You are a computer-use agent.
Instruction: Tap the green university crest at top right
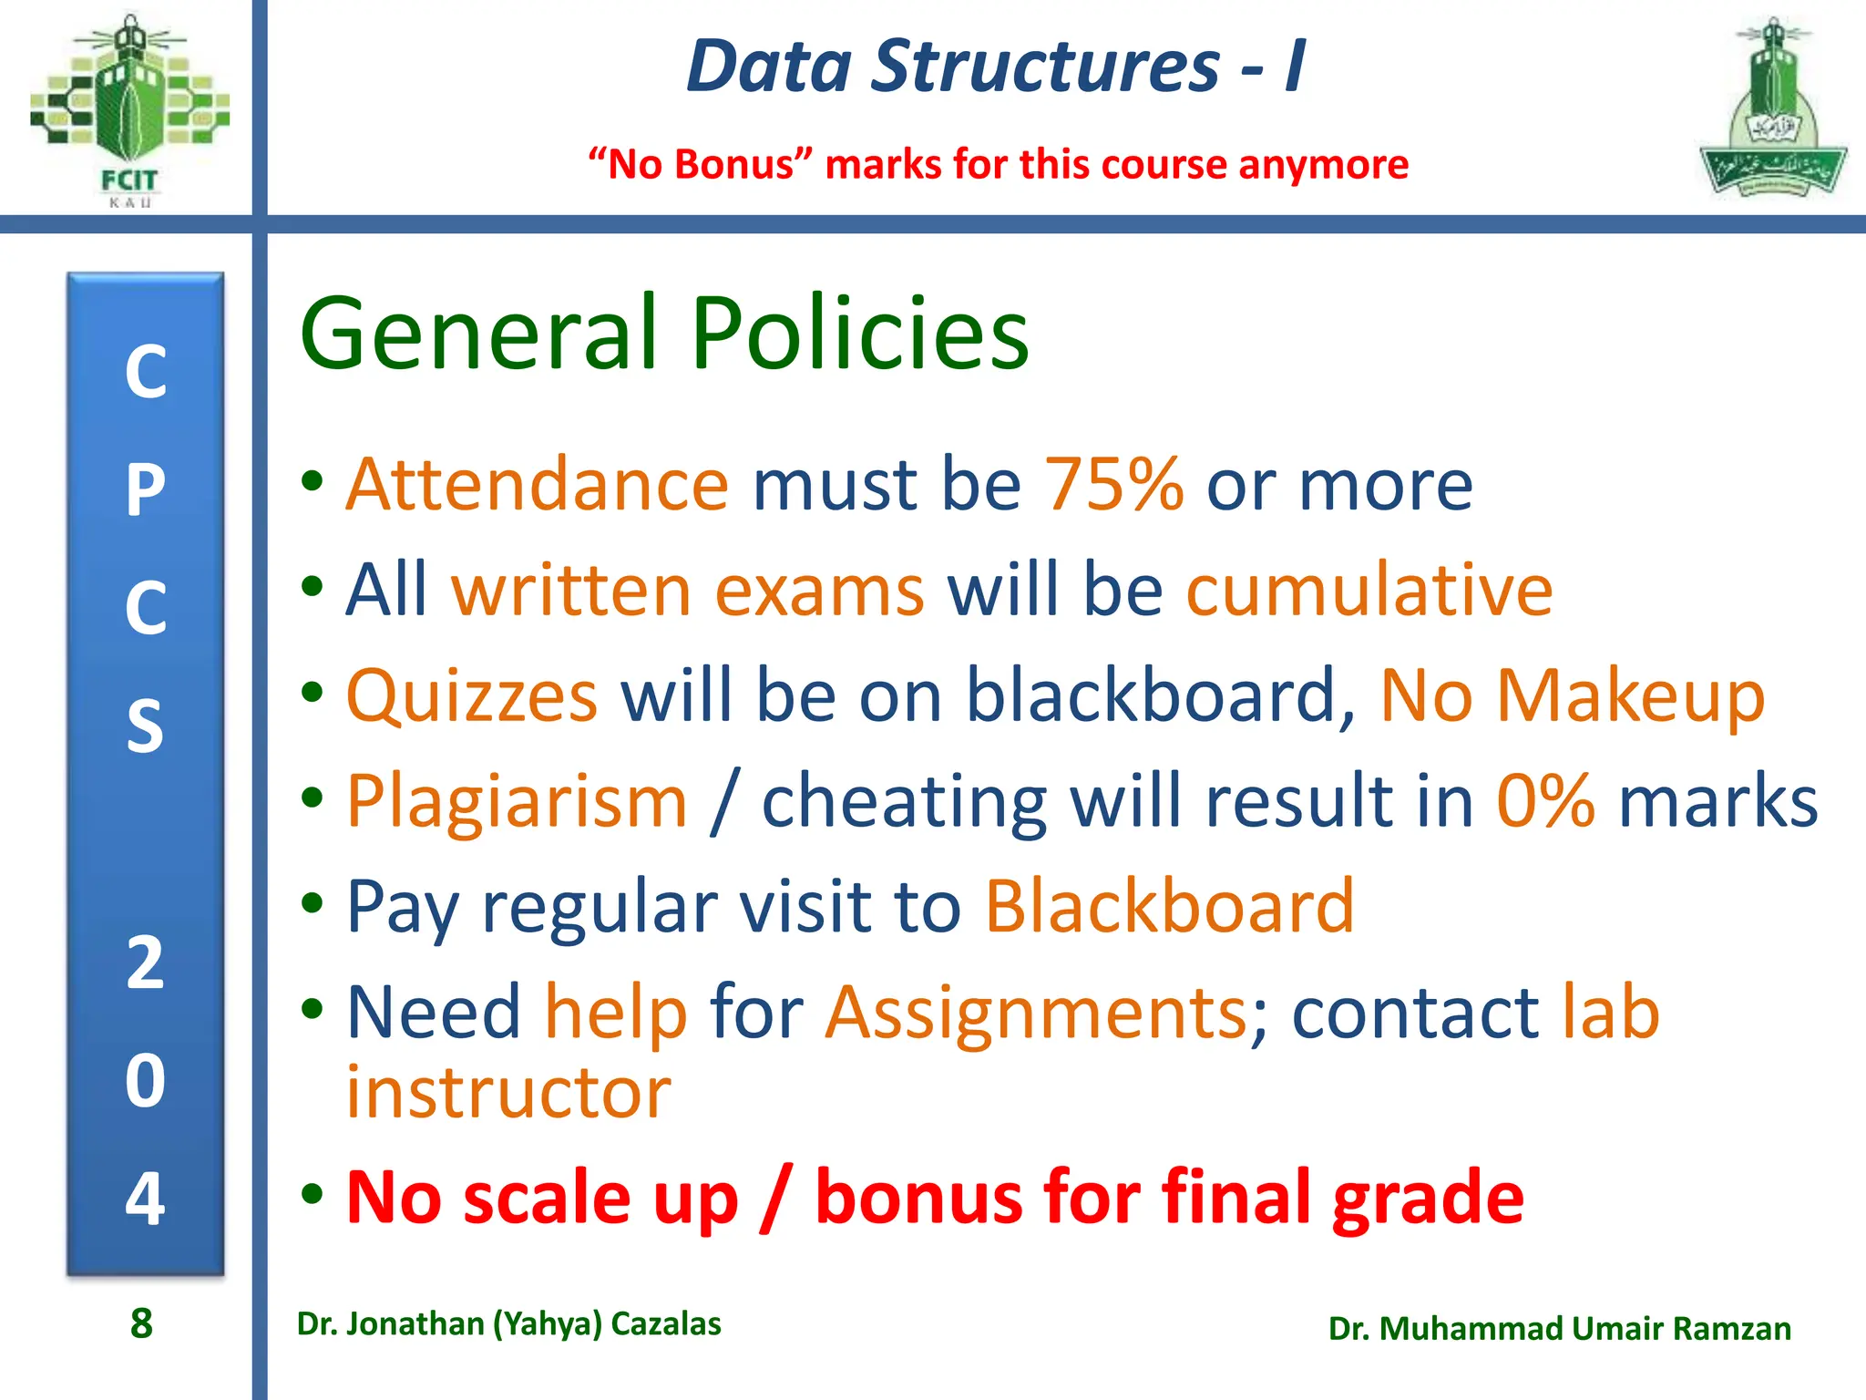[x=1772, y=109]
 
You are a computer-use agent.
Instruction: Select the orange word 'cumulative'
[x=1369, y=590]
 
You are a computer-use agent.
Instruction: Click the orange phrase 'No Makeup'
[x=1572, y=695]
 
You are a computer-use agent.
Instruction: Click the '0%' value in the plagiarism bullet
[x=1545, y=801]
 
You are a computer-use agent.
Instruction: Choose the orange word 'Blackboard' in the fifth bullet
[x=1170, y=906]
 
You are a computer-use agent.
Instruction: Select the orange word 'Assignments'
[x=1036, y=1013]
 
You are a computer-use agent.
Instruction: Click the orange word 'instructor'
[x=508, y=1092]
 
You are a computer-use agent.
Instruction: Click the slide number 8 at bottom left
[x=141, y=1323]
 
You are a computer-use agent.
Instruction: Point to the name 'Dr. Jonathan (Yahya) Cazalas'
[x=508, y=1323]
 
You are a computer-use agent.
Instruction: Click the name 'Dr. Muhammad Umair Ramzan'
[x=1559, y=1329]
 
